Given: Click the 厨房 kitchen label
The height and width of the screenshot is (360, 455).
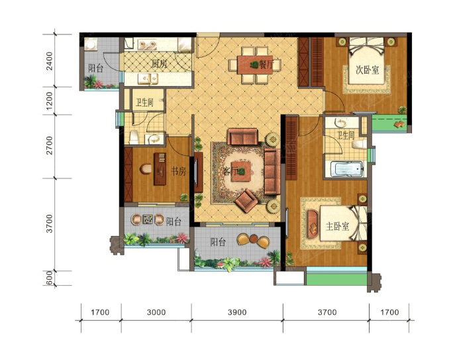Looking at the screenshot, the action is tap(160, 64).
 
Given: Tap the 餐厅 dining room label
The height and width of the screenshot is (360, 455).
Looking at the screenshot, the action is tap(266, 64).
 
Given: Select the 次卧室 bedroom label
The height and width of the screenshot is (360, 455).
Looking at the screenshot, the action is tap(368, 70).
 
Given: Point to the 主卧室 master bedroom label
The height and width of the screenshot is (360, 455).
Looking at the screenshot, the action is tap(338, 226).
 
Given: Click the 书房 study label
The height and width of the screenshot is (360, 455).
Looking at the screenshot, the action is tap(178, 171).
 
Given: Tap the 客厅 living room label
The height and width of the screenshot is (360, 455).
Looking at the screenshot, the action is tap(230, 172).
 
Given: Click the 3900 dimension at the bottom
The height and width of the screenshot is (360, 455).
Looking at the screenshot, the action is tap(237, 312).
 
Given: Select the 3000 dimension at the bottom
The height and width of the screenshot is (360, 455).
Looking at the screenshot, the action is tap(156, 312).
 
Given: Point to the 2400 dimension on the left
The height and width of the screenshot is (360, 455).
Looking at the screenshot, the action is tap(50, 61).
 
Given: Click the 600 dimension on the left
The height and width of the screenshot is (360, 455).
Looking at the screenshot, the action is tap(50, 278).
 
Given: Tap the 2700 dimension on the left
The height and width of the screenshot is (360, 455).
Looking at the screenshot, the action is tap(50, 145).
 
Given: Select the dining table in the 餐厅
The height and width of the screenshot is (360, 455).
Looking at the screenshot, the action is tap(255, 65).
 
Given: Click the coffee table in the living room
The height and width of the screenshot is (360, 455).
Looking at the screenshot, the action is tap(241, 172).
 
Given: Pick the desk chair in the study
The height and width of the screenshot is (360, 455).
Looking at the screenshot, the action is tap(146, 169).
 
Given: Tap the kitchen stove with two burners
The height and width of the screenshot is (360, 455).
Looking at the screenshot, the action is tap(148, 45).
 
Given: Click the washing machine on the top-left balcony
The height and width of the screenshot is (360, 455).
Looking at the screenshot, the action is tap(91, 44).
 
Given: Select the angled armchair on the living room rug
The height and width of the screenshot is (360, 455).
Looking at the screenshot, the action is tap(246, 200).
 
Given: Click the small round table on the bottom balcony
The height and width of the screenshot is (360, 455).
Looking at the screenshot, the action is tap(254, 239).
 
